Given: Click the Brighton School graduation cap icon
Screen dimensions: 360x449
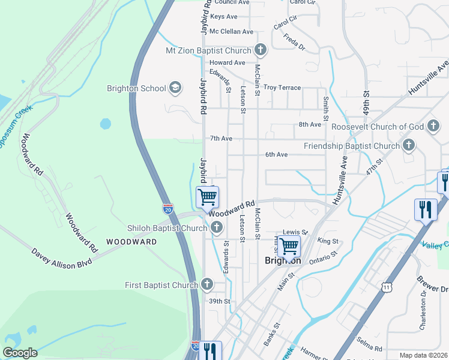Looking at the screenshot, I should pyautogui.click(x=175, y=88).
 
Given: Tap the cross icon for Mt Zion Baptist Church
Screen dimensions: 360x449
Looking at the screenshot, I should pyautogui.click(x=260, y=50).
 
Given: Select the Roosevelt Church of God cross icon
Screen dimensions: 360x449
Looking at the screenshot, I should pyautogui.click(x=433, y=127).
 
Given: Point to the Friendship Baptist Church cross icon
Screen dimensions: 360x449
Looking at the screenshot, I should pyautogui.click(x=409, y=145).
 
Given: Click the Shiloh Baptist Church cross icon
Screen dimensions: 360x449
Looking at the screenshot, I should pyautogui.click(x=216, y=227).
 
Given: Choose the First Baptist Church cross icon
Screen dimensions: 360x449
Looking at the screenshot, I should pyautogui.click(x=207, y=284).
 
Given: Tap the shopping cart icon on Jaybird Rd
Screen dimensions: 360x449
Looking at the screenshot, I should pyautogui.click(x=208, y=196).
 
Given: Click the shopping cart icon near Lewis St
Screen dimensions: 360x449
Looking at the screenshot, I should pyautogui.click(x=289, y=245).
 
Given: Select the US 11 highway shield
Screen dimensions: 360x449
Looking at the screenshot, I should pyautogui.click(x=385, y=289).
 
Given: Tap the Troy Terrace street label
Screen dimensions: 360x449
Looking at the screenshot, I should pyautogui.click(x=282, y=88).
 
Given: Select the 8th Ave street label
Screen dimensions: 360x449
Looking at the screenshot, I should pyautogui.click(x=310, y=125).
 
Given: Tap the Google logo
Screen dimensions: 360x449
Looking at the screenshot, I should pyautogui.click(x=20, y=353).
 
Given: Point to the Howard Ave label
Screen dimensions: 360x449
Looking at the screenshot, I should pyautogui.click(x=228, y=62).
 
